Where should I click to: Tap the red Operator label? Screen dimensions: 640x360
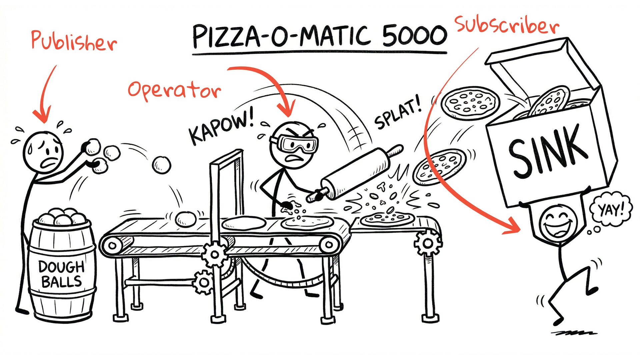(174, 89)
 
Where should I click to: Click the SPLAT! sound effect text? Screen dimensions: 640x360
(398, 112)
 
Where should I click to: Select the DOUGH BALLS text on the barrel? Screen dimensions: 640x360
(61, 274)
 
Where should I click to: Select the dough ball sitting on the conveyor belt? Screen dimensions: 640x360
(186, 219)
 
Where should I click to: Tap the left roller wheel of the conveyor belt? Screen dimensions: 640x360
(113, 246)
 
